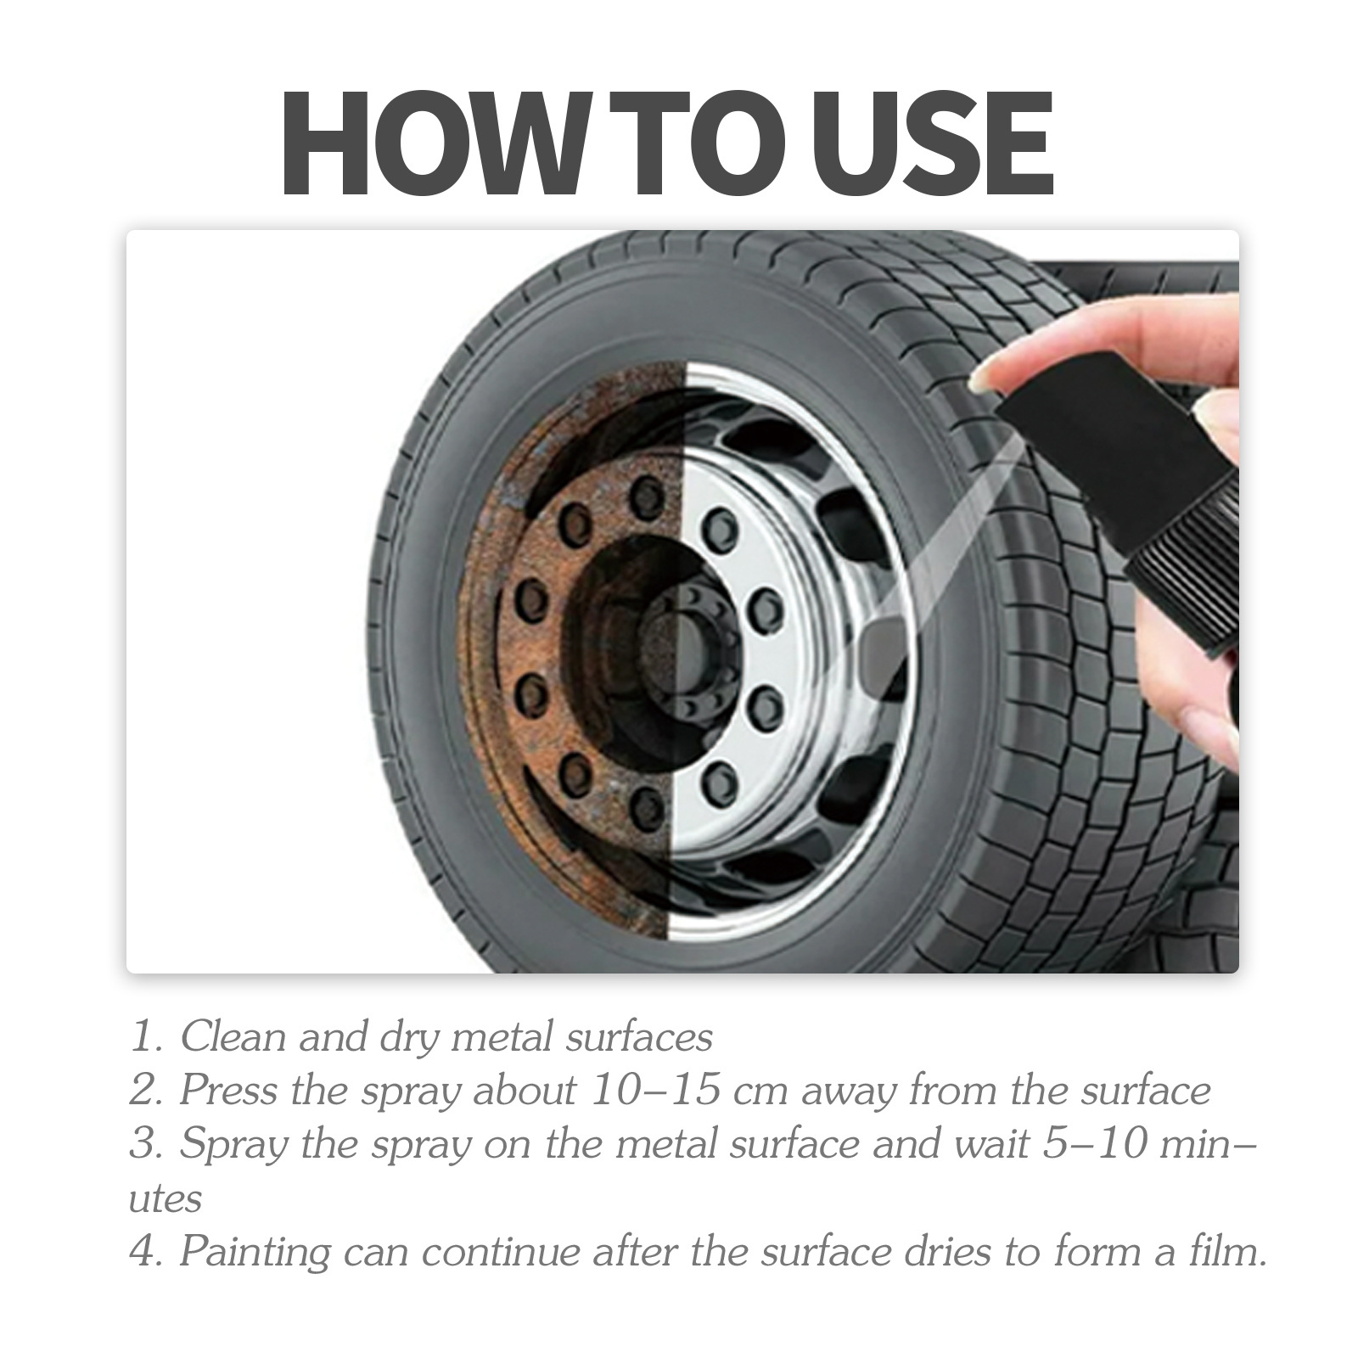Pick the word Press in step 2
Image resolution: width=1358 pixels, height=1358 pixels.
[227, 1091]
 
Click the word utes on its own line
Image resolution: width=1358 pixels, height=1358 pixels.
[165, 1199]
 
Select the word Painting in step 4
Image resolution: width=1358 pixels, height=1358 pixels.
[255, 1253]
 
